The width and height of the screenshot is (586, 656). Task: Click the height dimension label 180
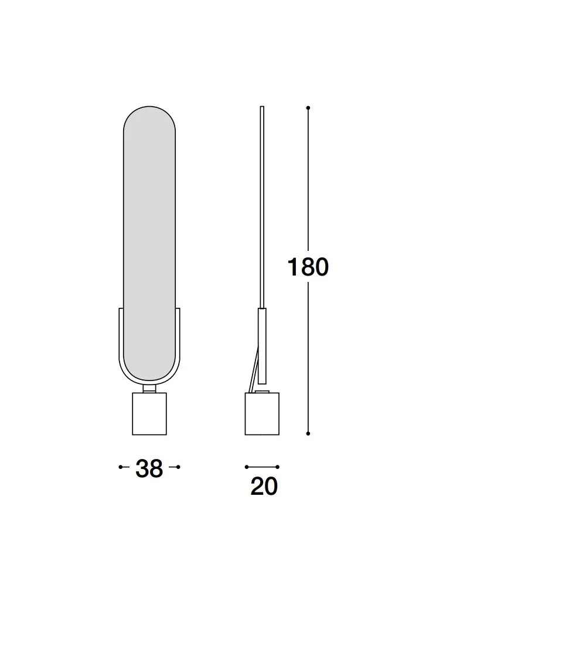pos(308,267)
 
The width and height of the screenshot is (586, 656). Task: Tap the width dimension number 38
pos(149,468)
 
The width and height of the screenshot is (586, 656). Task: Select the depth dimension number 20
pos(264,486)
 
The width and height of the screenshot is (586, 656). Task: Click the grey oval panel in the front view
pos(149,243)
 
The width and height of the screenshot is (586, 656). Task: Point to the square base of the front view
pos(149,414)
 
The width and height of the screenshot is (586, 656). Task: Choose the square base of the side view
pos(262,414)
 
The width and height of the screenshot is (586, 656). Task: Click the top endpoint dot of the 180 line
pos(308,108)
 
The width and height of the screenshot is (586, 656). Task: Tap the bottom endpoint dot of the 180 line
pos(308,433)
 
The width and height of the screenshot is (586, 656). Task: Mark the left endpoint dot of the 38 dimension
pos(121,467)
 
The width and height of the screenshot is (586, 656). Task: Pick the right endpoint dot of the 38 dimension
pos(178,467)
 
